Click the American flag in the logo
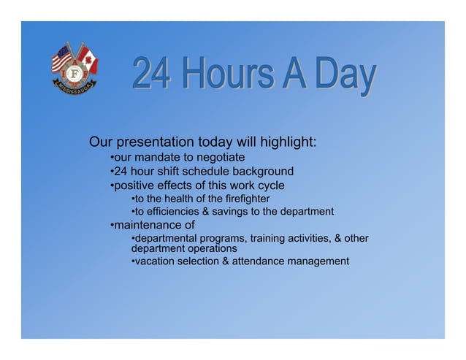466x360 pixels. [x=62, y=58]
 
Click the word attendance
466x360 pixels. [x=264, y=261]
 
